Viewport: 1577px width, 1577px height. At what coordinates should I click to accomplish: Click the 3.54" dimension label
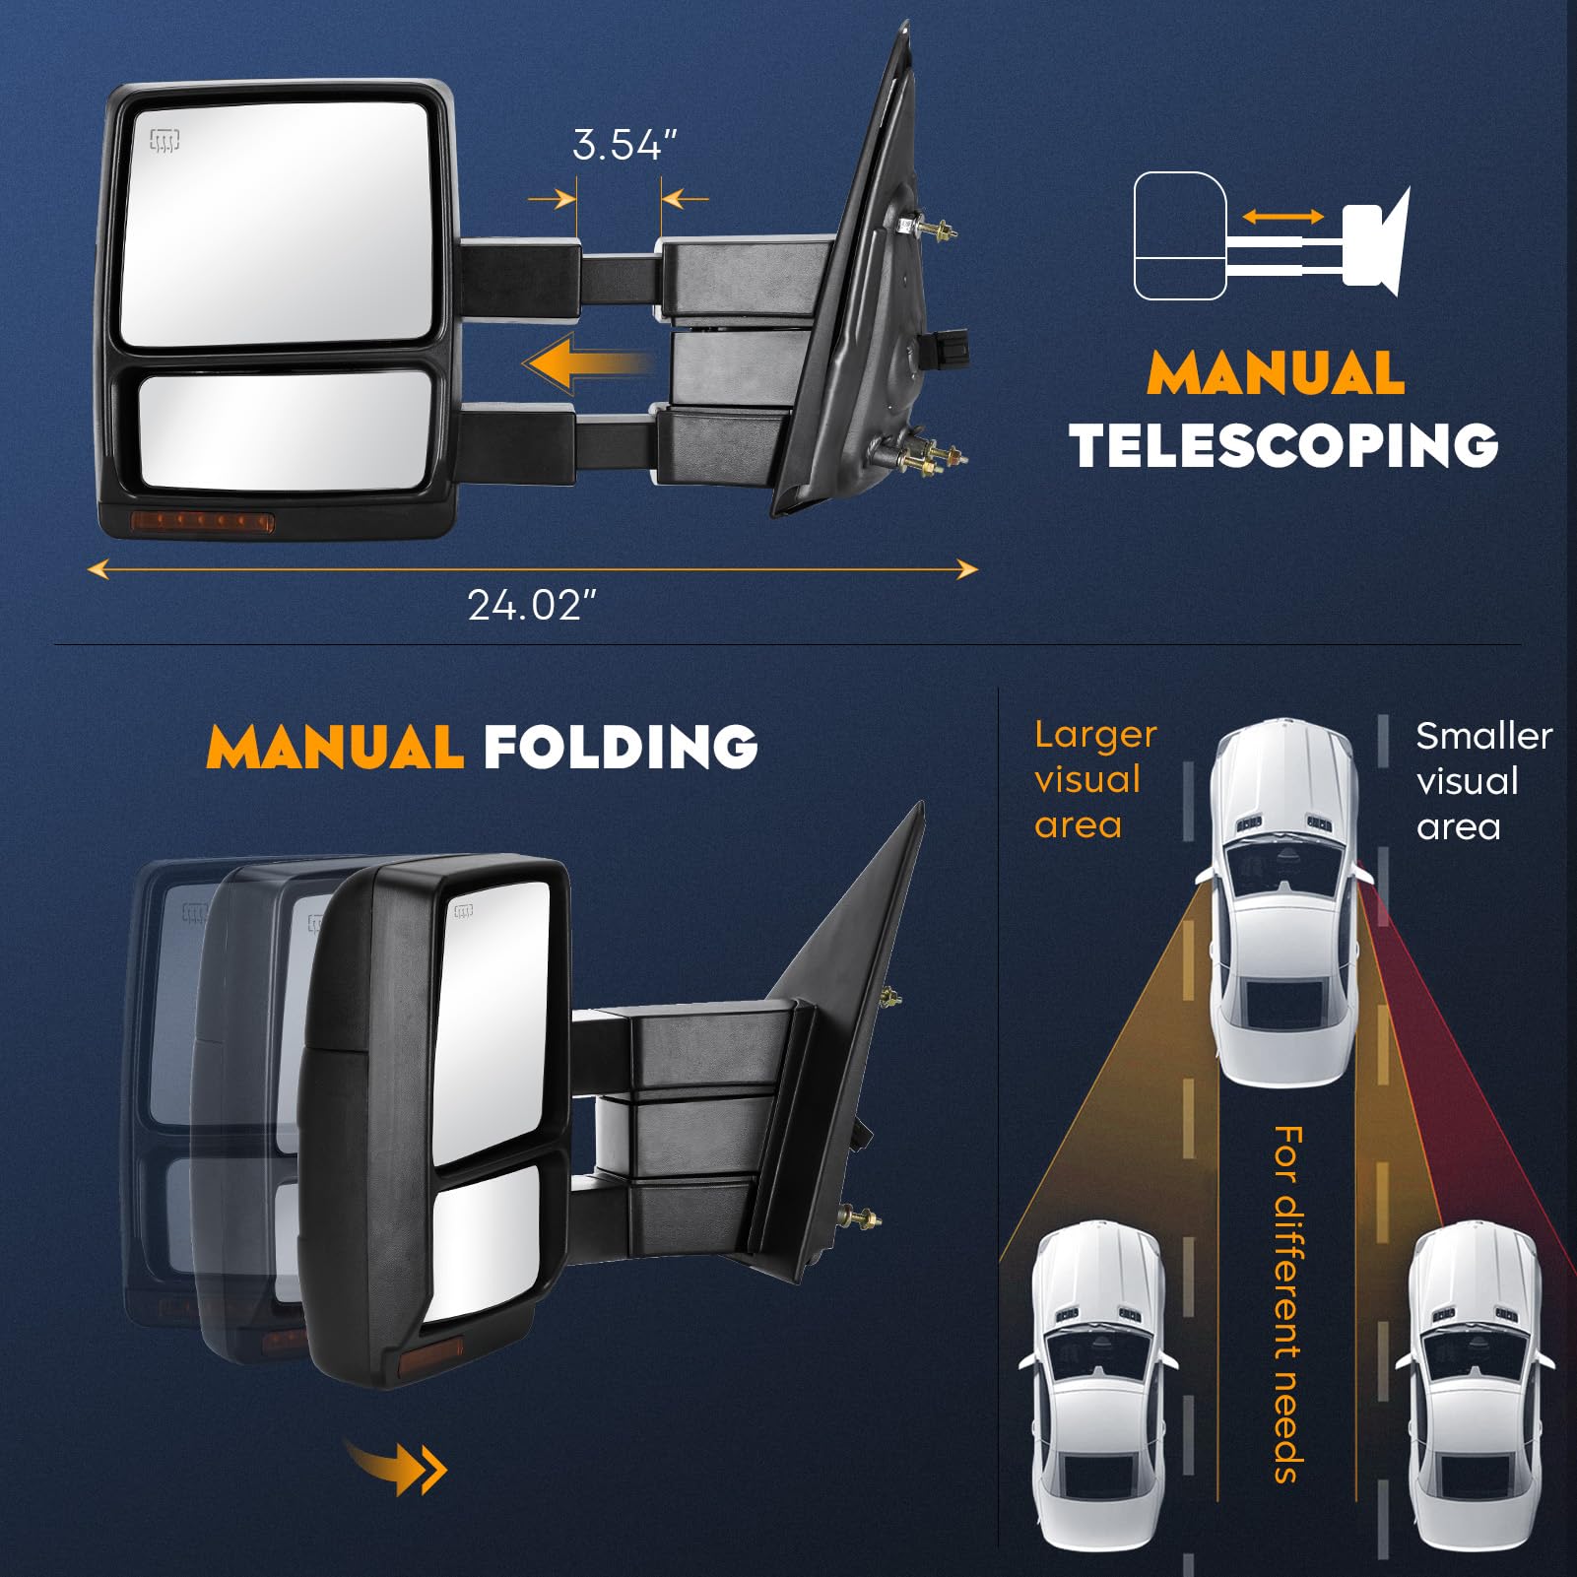click(624, 146)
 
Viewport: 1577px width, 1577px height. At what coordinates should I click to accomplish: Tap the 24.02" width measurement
click(532, 605)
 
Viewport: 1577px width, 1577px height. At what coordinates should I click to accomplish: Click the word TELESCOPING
click(1283, 445)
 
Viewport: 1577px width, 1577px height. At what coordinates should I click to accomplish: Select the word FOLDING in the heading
click(621, 747)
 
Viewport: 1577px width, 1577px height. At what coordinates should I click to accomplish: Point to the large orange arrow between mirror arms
click(587, 364)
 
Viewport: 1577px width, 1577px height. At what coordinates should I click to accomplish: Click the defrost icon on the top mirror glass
click(164, 141)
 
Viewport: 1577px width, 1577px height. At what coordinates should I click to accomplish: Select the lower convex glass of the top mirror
click(286, 429)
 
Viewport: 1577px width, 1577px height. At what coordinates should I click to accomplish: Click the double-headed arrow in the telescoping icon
click(1282, 217)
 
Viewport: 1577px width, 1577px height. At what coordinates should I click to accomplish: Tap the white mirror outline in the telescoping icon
click(1179, 236)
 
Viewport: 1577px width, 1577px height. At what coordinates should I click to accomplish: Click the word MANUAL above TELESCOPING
click(1276, 374)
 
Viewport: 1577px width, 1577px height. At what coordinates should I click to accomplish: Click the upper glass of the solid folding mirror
click(491, 1015)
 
